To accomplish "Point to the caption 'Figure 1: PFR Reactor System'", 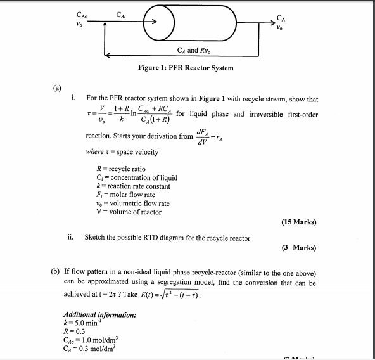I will click(x=186, y=68).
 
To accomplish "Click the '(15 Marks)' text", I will click(x=298, y=222).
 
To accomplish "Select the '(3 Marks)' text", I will click(x=300, y=248).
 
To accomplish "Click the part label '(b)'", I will click(x=56, y=272).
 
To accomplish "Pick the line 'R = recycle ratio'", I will click(x=120, y=169).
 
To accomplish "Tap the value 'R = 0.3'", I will click(x=74, y=331).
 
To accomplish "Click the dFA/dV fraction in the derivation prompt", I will click(x=204, y=136).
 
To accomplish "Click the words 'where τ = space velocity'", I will click(x=122, y=152).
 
